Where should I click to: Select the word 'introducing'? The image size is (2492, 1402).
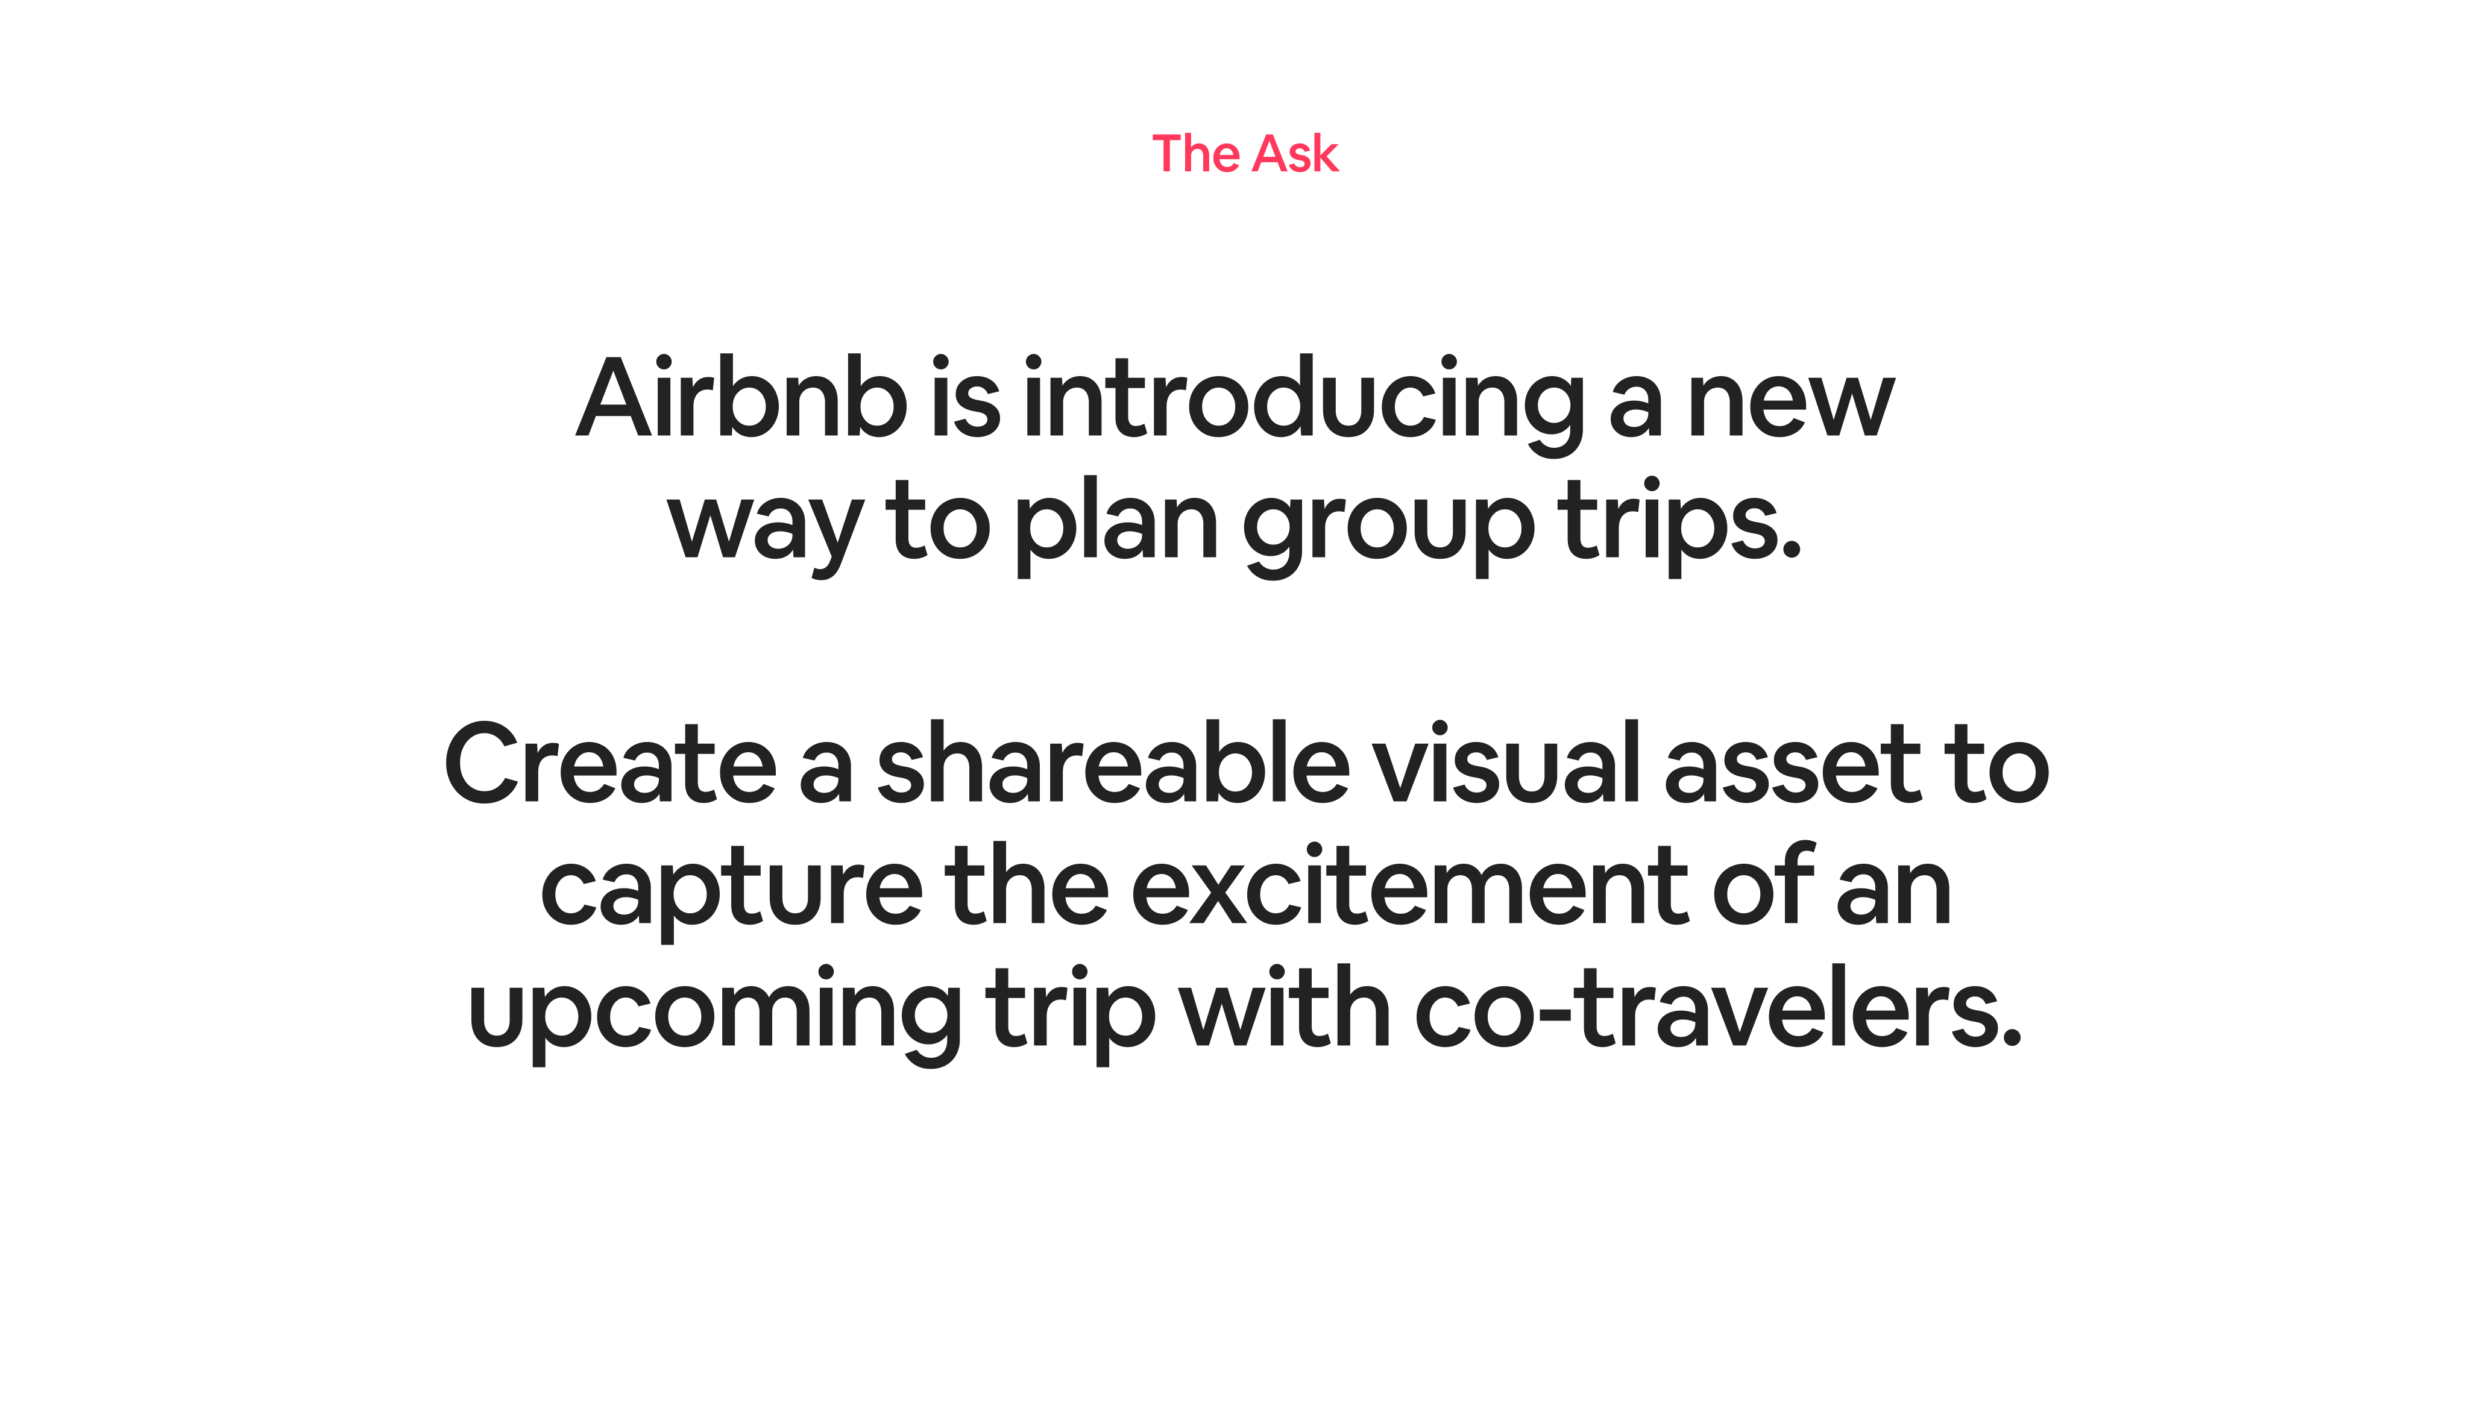click(x=1303, y=404)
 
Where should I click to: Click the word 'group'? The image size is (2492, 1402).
click(x=1388, y=530)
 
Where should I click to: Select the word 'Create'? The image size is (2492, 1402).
click(x=611, y=764)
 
